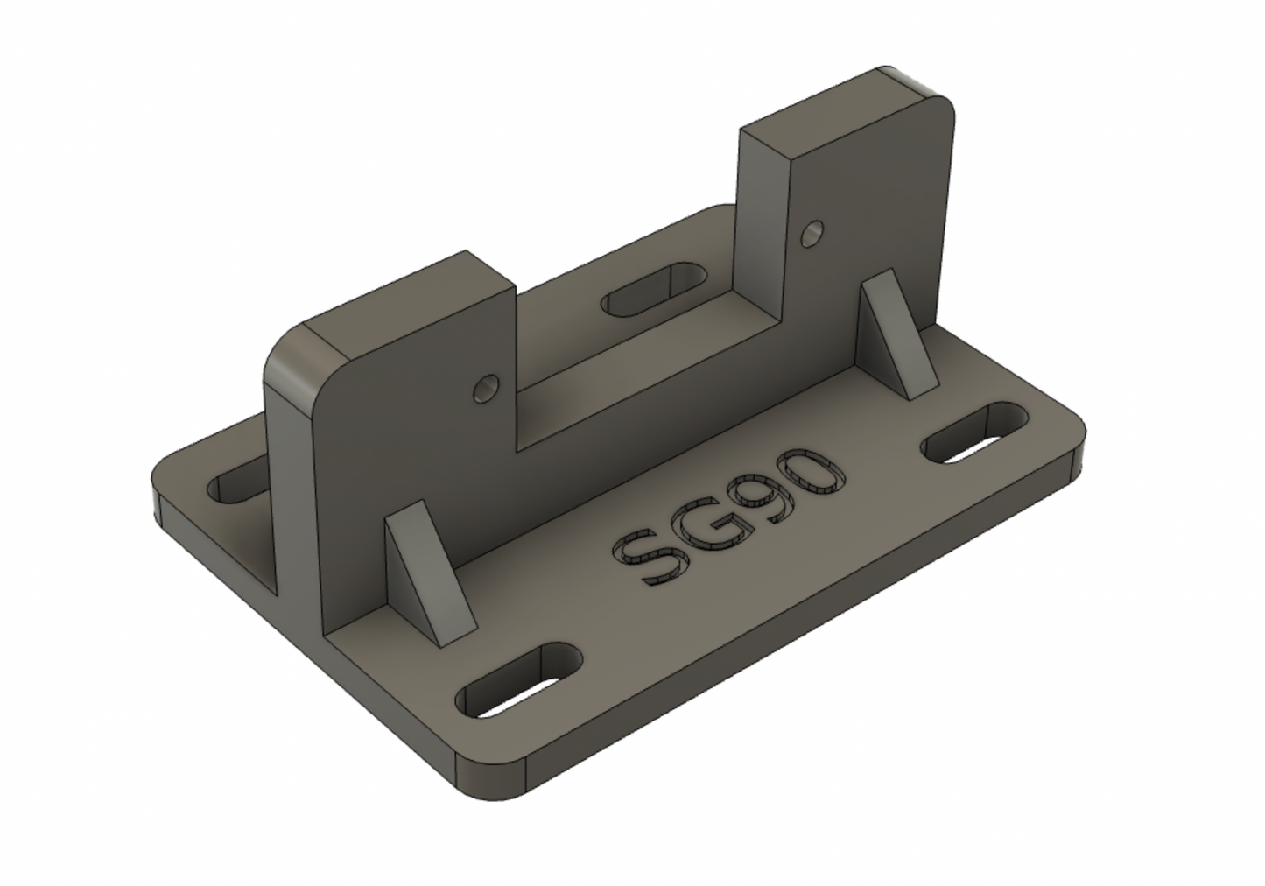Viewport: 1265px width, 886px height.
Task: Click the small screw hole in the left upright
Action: (485, 388)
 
